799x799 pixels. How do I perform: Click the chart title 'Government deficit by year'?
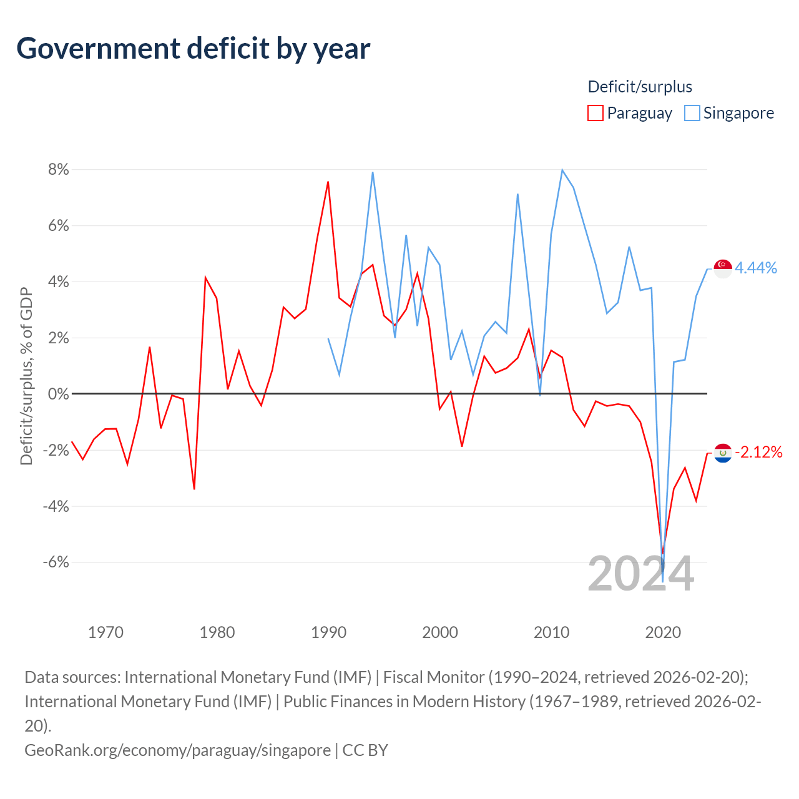click(x=193, y=49)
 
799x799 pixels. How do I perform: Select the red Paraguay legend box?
click(x=595, y=113)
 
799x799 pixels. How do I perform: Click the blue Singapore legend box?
click(x=692, y=113)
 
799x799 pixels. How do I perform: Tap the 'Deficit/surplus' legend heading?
click(x=640, y=87)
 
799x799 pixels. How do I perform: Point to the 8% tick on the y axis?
click(x=59, y=169)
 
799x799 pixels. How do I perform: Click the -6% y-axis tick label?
click(x=56, y=562)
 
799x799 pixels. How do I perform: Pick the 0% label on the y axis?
click(x=59, y=393)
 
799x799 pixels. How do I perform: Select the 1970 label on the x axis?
click(x=105, y=632)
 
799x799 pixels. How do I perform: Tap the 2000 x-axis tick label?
click(x=440, y=632)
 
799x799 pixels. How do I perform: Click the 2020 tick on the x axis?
click(x=663, y=632)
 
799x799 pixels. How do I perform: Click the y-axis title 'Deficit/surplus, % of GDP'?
click(x=27, y=376)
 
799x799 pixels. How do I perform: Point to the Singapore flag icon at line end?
click(x=723, y=268)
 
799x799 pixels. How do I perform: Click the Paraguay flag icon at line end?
click(x=723, y=453)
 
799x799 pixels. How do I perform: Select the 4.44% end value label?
click(x=755, y=268)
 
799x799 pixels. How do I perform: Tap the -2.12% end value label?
click(x=758, y=452)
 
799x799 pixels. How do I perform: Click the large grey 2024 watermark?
click(x=640, y=574)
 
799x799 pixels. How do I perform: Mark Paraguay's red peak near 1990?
click(x=328, y=182)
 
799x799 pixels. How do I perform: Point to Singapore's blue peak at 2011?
click(x=562, y=170)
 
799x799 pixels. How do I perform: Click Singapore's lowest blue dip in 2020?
click(x=662, y=582)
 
